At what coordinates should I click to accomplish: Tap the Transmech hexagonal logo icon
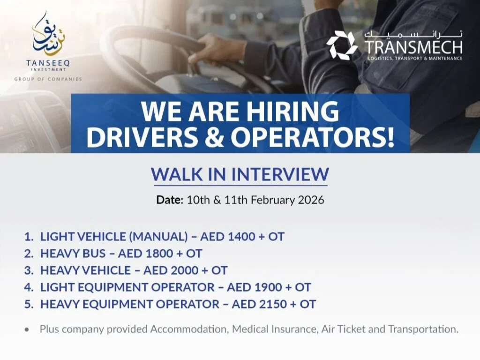342,45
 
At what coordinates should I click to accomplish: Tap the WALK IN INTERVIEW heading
240,174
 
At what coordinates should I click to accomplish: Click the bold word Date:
169,200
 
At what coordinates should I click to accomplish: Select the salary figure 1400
241,237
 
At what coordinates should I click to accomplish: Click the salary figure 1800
159,254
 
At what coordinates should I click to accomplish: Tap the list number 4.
29,287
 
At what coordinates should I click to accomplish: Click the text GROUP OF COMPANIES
48,79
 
